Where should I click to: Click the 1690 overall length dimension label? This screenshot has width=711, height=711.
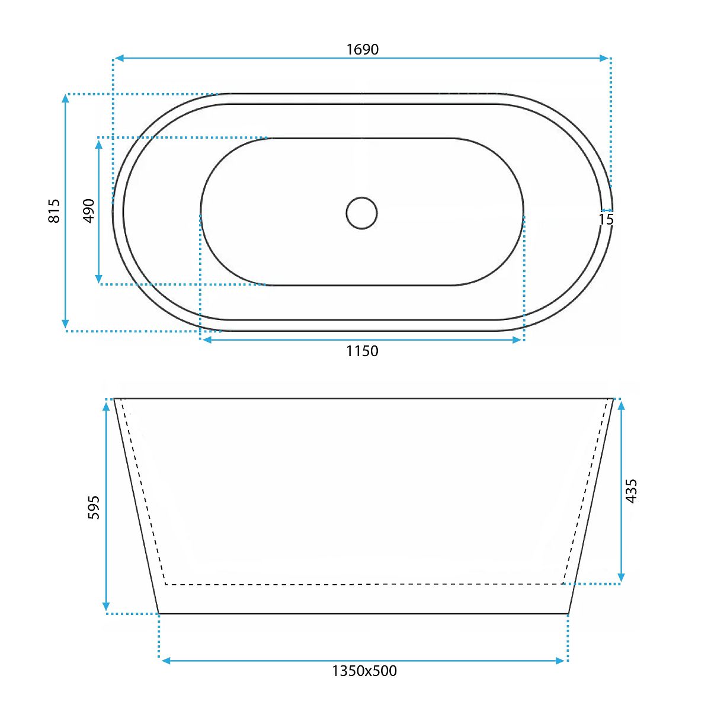363,49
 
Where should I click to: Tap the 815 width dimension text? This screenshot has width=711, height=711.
54,211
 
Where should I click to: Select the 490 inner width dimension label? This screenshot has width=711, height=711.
89,211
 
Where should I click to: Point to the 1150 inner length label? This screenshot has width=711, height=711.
362,351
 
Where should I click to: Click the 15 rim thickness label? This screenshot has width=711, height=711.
606,219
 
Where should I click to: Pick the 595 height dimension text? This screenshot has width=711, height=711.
94,508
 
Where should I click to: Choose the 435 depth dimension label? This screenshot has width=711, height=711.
632,491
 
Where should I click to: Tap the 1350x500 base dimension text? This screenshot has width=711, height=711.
364,671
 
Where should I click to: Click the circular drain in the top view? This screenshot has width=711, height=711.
361,213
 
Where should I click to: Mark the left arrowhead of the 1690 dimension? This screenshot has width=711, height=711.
119,58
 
